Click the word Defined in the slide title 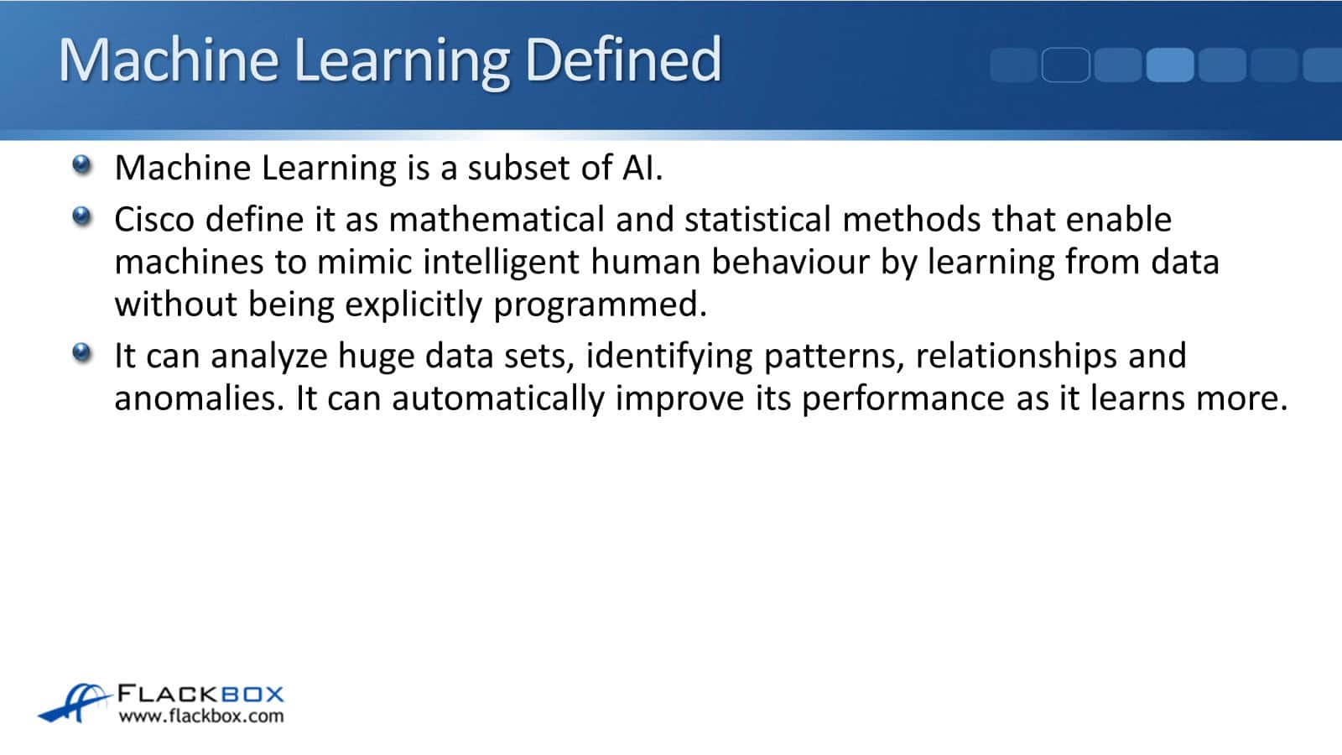coord(623,60)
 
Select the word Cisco coord(154,219)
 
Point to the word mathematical coord(497,219)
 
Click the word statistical coord(758,219)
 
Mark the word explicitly coord(414,305)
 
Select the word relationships coord(1016,356)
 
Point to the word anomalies coord(199,398)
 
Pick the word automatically coord(498,399)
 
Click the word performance coord(902,399)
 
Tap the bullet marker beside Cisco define coord(82,216)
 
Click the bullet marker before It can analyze coord(82,352)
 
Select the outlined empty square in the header coord(1066,65)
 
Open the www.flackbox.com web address coord(201,716)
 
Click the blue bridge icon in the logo coord(75,703)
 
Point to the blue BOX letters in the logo coord(252,695)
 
